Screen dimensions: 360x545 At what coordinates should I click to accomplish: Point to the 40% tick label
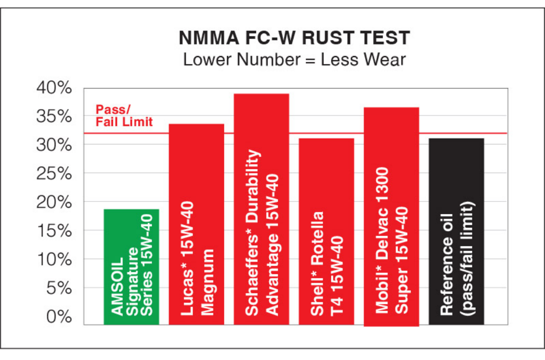(x=54, y=88)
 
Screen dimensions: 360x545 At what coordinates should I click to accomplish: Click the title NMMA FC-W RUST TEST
(x=294, y=38)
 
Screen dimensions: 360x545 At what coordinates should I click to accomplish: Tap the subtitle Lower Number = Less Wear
(x=294, y=59)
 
